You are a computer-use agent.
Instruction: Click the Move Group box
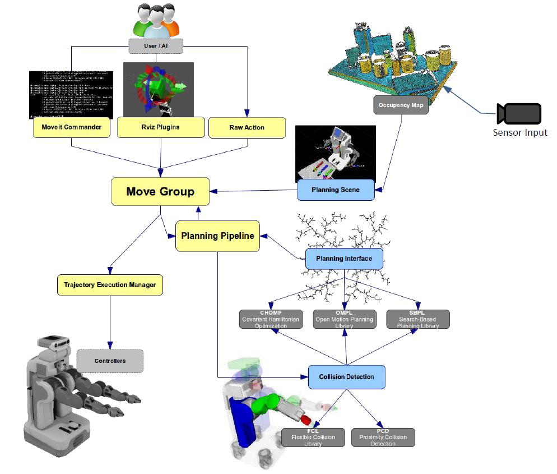pos(160,192)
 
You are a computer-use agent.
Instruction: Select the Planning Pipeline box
pos(217,236)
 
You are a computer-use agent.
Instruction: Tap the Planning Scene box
pos(335,190)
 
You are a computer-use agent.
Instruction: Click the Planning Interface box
pos(344,259)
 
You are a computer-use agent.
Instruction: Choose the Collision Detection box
pos(346,377)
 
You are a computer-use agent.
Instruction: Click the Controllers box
pos(110,360)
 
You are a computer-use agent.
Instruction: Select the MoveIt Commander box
pos(72,127)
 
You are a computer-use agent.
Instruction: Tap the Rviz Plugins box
pos(160,127)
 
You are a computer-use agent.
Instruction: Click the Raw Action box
pos(247,127)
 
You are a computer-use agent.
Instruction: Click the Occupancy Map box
pos(401,105)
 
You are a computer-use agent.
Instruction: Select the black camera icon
pos(518,114)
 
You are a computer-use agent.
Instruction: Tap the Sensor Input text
pos(519,133)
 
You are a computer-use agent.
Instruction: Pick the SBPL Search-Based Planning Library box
pos(418,319)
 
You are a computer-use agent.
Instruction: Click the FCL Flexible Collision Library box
pos(313,437)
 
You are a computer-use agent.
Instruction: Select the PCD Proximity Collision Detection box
pos(383,437)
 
